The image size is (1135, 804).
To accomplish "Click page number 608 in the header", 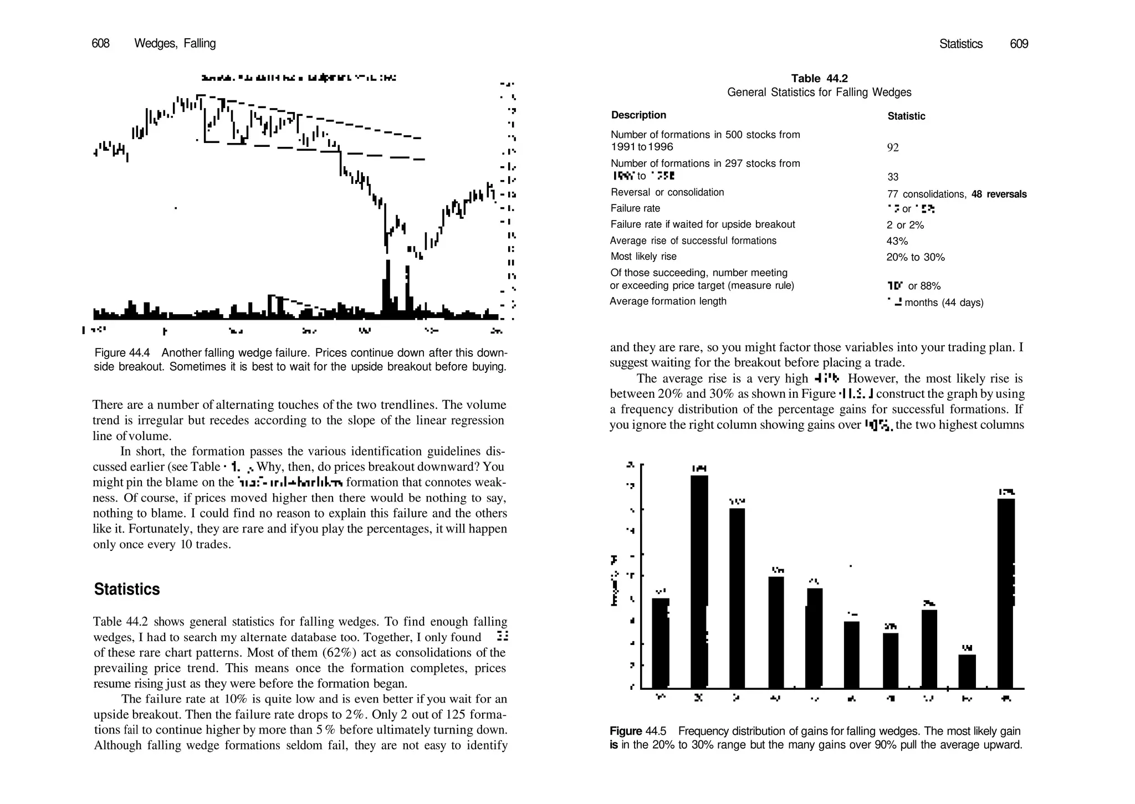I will point(100,43).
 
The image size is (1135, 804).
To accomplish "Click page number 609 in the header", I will point(1019,44).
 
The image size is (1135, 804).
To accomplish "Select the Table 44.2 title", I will point(819,79).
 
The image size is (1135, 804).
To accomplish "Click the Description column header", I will point(638,115).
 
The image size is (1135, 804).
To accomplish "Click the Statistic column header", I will point(906,116).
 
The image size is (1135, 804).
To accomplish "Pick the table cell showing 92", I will point(893,147).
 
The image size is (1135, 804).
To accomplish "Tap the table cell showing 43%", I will point(897,241).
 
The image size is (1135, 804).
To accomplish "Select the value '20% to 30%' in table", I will point(916,257).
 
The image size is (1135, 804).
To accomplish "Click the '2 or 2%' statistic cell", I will point(905,225).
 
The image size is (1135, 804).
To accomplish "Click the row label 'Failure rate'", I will point(635,208).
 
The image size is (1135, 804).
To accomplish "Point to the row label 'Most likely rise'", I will point(643,257).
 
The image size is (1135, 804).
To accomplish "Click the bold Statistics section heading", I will point(127,589).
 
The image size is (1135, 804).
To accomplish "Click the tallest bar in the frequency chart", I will point(699,582).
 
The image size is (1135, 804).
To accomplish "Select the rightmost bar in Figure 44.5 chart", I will point(1006,593).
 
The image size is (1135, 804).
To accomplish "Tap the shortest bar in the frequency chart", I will point(967,671).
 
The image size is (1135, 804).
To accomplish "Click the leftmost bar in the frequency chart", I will point(660,643).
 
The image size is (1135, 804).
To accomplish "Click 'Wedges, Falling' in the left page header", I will point(175,43).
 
